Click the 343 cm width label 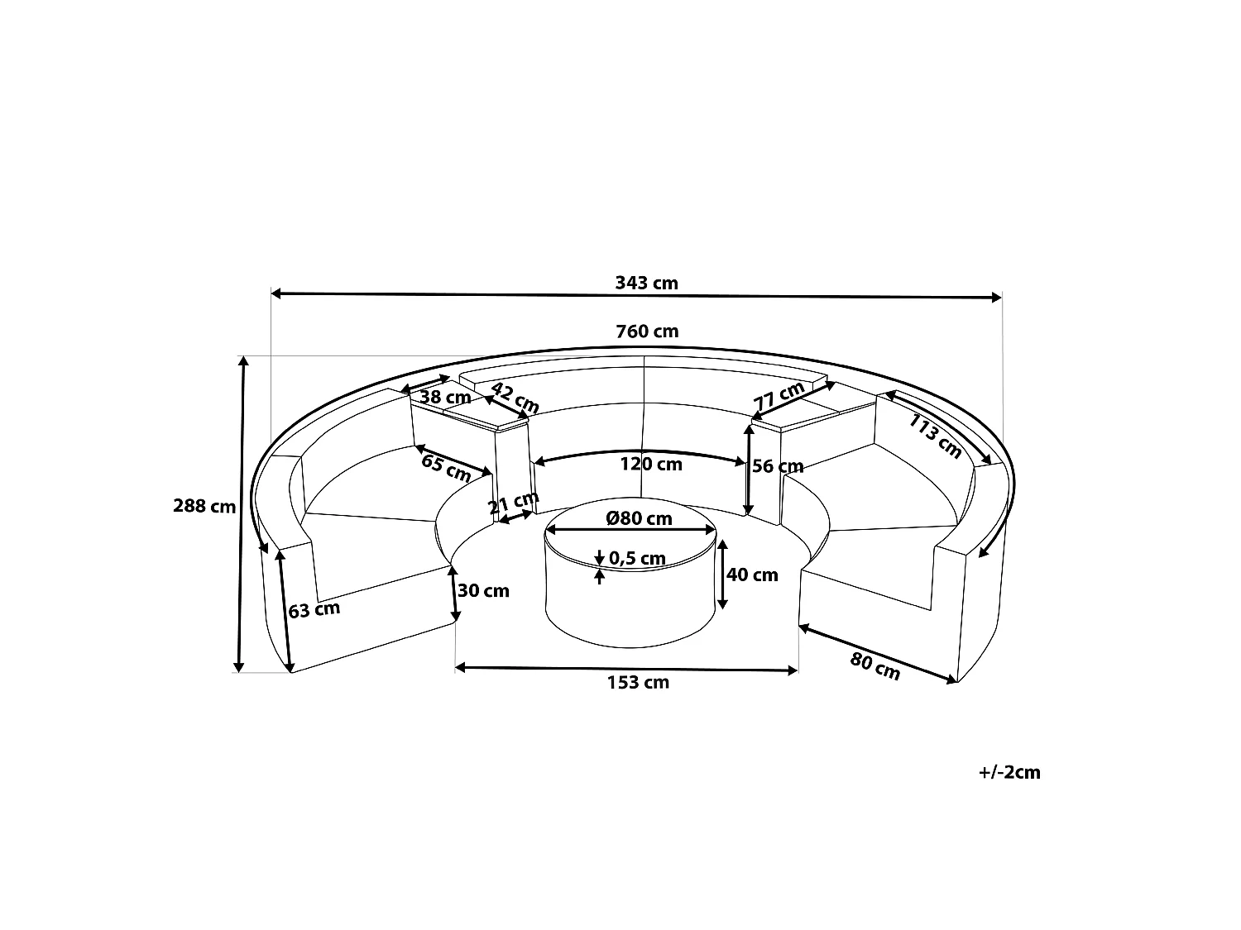coord(646,283)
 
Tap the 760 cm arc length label coord(647,331)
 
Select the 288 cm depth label coord(204,506)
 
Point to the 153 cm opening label coord(638,683)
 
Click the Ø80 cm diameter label coord(639,518)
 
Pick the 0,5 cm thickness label coord(637,559)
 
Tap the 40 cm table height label coord(752,575)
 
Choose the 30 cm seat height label coord(483,590)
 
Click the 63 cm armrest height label coord(314,610)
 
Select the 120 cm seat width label coord(651,464)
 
